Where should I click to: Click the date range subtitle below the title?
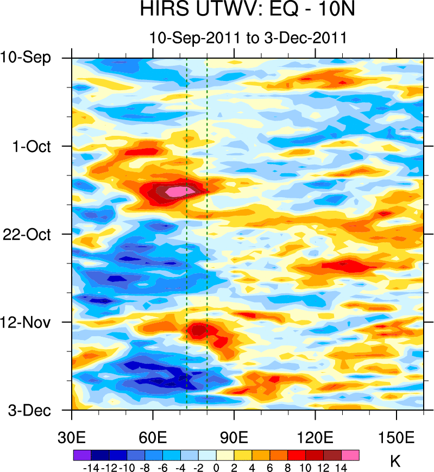[248, 39]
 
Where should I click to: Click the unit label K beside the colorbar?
[395, 462]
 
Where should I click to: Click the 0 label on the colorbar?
[216, 467]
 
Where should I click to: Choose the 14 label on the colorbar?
[341, 467]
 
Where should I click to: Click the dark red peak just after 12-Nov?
[199, 329]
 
